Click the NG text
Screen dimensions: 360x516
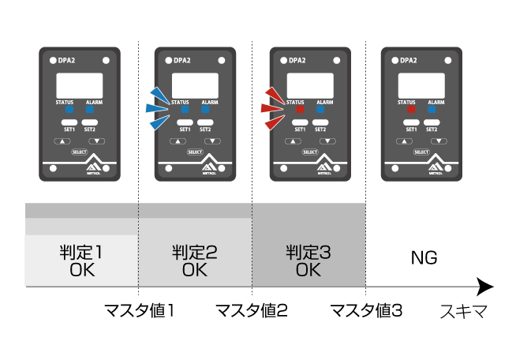[x=424, y=258]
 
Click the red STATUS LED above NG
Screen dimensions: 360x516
[x=410, y=111]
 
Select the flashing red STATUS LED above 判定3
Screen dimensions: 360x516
[x=299, y=111]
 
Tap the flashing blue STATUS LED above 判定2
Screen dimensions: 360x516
[x=184, y=111]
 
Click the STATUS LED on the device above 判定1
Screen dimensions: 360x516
[x=69, y=111]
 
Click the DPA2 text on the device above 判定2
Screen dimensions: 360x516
[x=182, y=60]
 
